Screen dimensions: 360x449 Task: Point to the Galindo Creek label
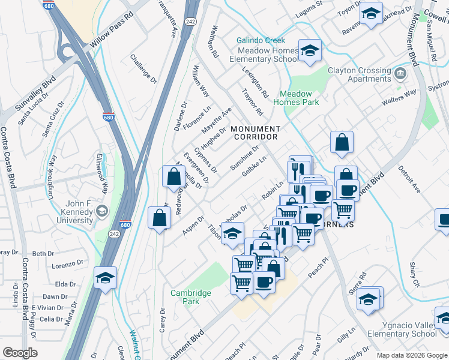(261, 40)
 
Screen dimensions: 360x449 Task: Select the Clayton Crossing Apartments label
(359, 74)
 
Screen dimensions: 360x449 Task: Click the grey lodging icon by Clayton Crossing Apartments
(401, 74)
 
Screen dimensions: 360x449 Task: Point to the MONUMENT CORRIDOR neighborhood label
(255, 133)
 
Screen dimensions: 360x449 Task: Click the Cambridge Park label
(190, 297)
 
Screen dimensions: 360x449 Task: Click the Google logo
(20, 353)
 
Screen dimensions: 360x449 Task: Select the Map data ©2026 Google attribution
(412, 355)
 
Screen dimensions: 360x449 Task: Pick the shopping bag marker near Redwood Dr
(173, 177)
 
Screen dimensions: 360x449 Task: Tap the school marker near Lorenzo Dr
(105, 278)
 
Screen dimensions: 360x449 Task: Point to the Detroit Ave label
(408, 179)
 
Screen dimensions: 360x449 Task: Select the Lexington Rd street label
(255, 83)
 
